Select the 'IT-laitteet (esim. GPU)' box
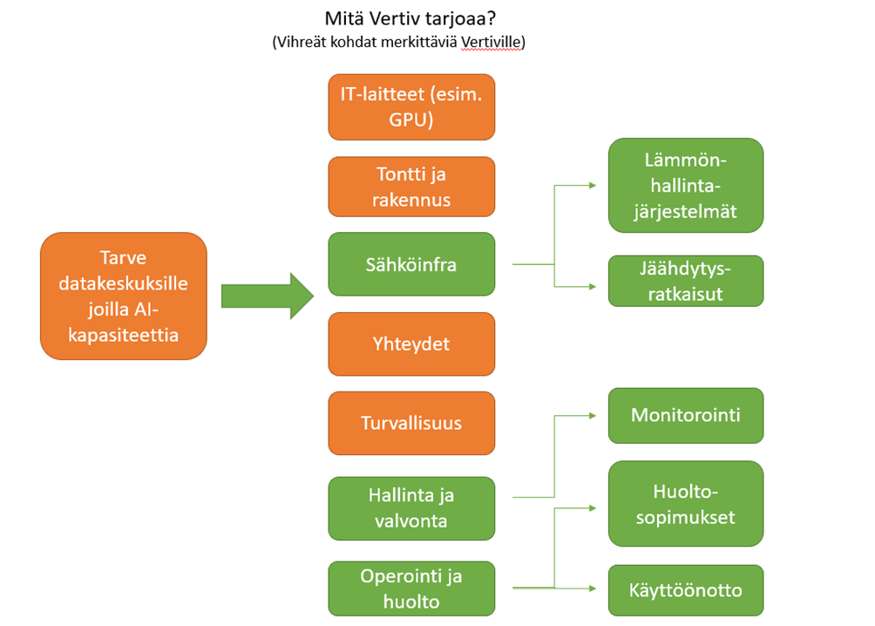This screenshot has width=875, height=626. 411,107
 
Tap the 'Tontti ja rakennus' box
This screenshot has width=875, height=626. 411,186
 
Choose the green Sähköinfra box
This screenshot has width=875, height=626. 411,264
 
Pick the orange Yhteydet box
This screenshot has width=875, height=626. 411,344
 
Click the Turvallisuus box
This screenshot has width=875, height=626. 411,423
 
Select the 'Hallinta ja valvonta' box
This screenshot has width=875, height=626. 411,507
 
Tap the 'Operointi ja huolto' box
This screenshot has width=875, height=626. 411,589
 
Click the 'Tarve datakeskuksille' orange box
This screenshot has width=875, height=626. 124,296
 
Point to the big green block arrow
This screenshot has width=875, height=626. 267,296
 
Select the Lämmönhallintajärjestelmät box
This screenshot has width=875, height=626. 685,186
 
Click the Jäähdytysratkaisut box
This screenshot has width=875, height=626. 685,281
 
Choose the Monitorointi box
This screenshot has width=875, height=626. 685,415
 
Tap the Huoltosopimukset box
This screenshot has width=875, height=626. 685,505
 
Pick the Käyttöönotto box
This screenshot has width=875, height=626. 685,590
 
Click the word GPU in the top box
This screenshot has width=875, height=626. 411,119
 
